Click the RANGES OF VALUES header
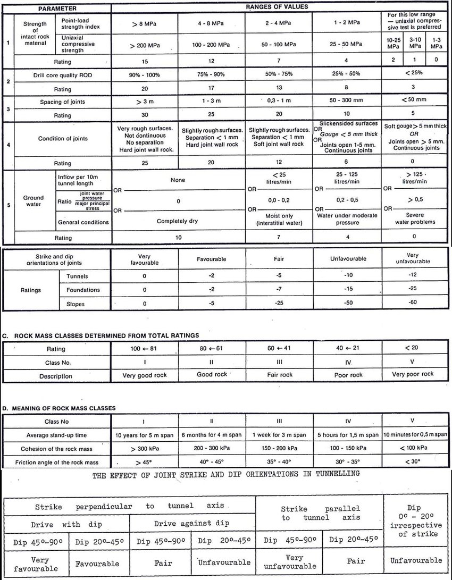pyautogui.click(x=277, y=7)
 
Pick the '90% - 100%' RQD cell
pyautogui.click(x=143, y=76)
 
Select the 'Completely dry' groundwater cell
pyautogui.click(x=177, y=221)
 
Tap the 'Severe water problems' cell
pyautogui.click(x=416, y=218)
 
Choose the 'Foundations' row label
pyautogui.click(x=83, y=290)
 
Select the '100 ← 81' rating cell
pyautogui.click(x=145, y=349)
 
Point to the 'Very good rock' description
pyautogui.click(x=145, y=375)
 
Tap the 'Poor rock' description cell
pyautogui.click(x=348, y=375)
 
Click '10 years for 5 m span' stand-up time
pyautogui.click(x=145, y=435)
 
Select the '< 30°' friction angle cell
pyautogui.click(x=416, y=461)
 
